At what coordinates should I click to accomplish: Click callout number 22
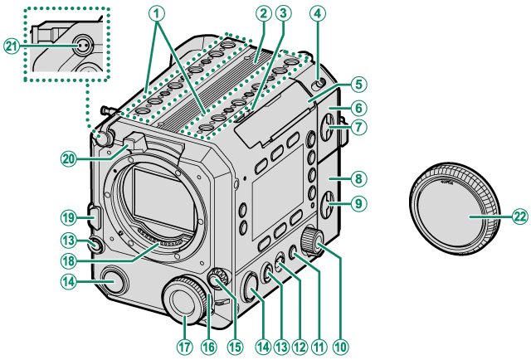pos(519,216)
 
